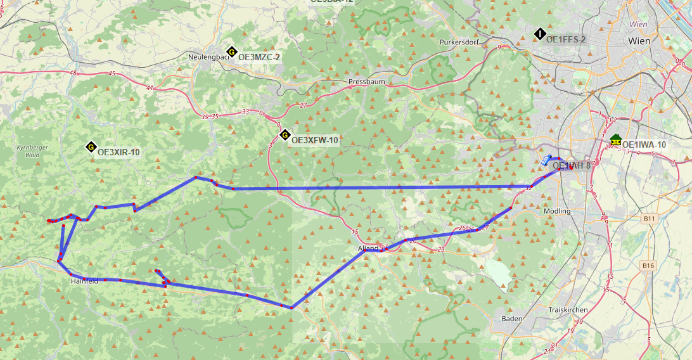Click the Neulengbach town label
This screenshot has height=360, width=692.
point(208,57)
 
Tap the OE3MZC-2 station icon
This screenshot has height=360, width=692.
point(232,52)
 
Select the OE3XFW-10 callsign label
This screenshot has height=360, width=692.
point(314,141)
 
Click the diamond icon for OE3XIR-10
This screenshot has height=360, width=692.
point(91,148)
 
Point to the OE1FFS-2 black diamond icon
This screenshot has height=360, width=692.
point(540,34)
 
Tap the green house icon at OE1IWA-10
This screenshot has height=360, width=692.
point(615,139)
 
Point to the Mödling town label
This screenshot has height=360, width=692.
point(557,211)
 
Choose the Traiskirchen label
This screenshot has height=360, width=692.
point(567,310)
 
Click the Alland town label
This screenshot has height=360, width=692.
point(368,249)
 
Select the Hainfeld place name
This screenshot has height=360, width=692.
point(84,281)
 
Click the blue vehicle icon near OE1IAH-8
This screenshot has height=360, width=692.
point(546,160)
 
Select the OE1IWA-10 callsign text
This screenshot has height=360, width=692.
point(644,145)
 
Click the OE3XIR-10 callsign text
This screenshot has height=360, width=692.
point(119,152)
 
